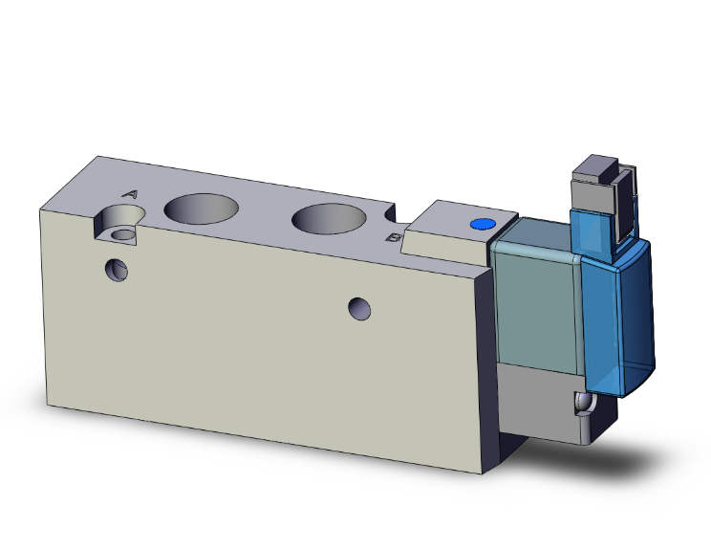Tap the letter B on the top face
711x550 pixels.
(391, 236)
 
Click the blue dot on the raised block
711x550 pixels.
(482, 225)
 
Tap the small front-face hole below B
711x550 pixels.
(359, 308)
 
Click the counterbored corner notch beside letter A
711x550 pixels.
(119, 230)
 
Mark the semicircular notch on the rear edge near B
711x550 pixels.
(390, 210)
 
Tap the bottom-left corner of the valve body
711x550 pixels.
(48, 392)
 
